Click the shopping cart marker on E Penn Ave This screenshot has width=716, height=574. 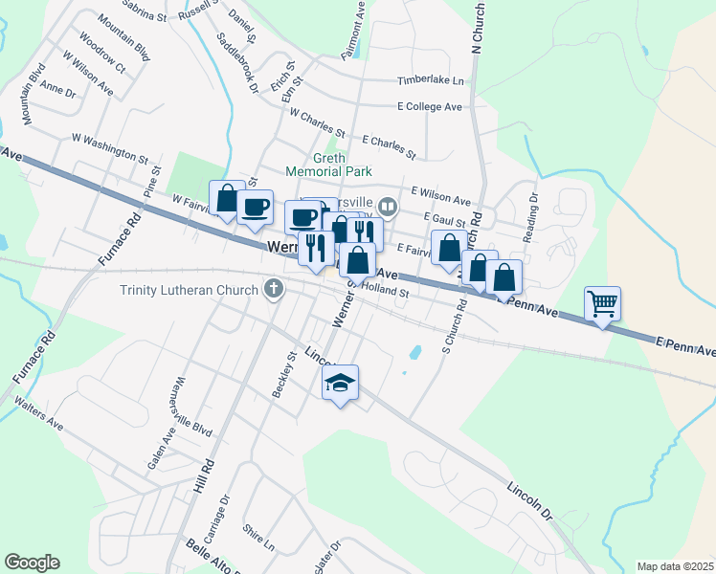pyautogui.click(x=603, y=304)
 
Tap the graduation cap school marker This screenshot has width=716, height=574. pyautogui.click(x=340, y=383)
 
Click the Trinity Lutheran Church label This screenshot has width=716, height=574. pyautogui.click(x=189, y=290)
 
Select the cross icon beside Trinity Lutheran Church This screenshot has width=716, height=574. pyautogui.click(x=275, y=289)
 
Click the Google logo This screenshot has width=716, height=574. pyautogui.click(x=32, y=563)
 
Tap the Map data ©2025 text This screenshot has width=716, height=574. pyautogui.click(x=675, y=566)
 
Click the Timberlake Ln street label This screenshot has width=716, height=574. pyautogui.click(x=431, y=81)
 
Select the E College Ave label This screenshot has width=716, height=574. pyautogui.click(x=430, y=107)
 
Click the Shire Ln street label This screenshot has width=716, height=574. pyautogui.click(x=258, y=537)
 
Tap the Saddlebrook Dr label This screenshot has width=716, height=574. pyautogui.click(x=238, y=63)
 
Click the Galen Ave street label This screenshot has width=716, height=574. pyautogui.click(x=168, y=447)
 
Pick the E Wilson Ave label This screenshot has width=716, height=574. pyautogui.click(x=439, y=196)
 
